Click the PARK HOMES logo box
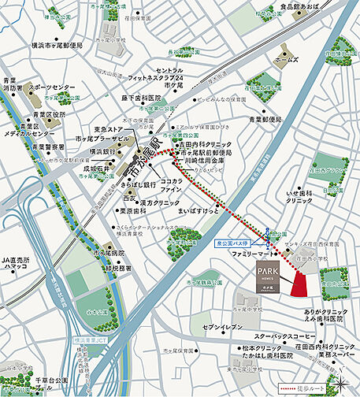(x=269, y=277)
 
